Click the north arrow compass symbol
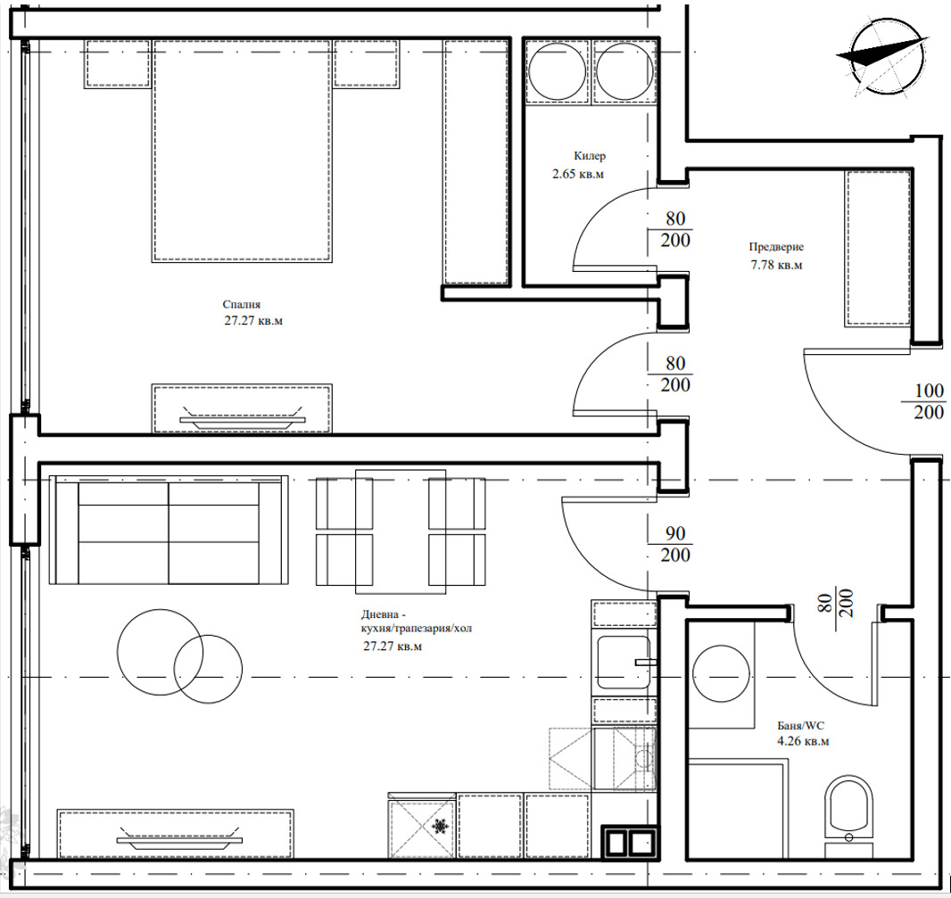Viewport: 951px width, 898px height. click(x=885, y=56)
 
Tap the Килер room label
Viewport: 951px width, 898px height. click(x=590, y=156)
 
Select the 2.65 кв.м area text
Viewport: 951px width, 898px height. click(x=578, y=174)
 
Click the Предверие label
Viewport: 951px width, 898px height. click(x=776, y=247)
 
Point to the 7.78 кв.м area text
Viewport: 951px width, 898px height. click(x=776, y=265)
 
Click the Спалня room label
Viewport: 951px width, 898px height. click(x=242, y=304)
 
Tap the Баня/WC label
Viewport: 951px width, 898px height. click(x=800, y=725)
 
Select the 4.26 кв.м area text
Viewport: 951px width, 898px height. click(x=803, y=741)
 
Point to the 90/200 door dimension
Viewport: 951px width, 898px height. click(x=675, y=544)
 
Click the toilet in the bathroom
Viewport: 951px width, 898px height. click(x=848, y=816)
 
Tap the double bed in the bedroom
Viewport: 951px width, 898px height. click(x=242, y=151)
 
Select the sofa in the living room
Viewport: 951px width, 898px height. click(x=169, y=530)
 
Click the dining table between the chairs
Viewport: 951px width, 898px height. click(x=401, y=531)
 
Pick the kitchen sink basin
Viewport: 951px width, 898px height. click(x=624, y=663)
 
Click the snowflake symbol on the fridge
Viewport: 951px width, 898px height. click(x=439, y=827)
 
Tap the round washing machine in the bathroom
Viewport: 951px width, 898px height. click(x=721, y=673)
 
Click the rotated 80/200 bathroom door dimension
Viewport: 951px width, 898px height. click(x=837, y=603)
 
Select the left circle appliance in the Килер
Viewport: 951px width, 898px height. click(x=557, y=71)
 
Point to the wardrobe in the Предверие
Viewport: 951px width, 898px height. click(x=878, y=249)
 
